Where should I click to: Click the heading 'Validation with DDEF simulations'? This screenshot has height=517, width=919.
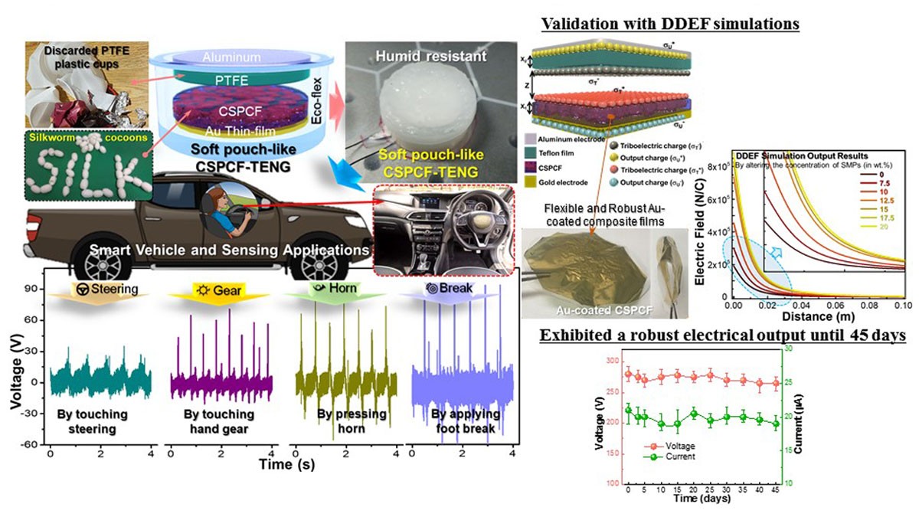coord(670,24)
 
